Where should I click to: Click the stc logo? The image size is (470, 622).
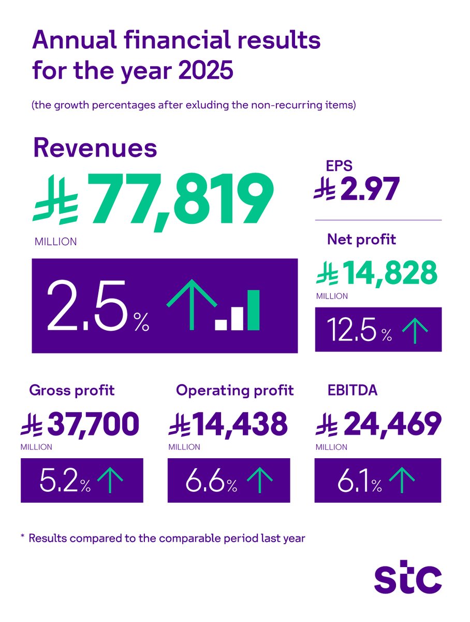pyautogui.click(x=408, y=579)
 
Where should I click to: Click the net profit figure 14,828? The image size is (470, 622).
pyautogui.click(x=391, y=273)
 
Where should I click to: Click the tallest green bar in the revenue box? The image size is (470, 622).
pyautogui.click(x=253, y=310)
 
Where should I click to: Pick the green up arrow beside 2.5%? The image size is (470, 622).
pyautogui.click(x=192, y=305)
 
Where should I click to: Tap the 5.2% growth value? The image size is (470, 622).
pyautogui.click(x=65, y=480)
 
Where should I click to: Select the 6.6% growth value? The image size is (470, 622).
pyautogui.click(x=212, y=480)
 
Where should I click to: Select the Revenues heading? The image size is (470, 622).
pyautogui.click(x=95, y=148)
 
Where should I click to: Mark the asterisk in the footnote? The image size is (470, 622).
pyautogui.click(x=22, y=537)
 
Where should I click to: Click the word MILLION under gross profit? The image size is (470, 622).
pyautogui.click(x=37, y=447)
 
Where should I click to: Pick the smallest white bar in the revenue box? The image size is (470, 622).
pyautogui.click(x=221, y=325)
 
